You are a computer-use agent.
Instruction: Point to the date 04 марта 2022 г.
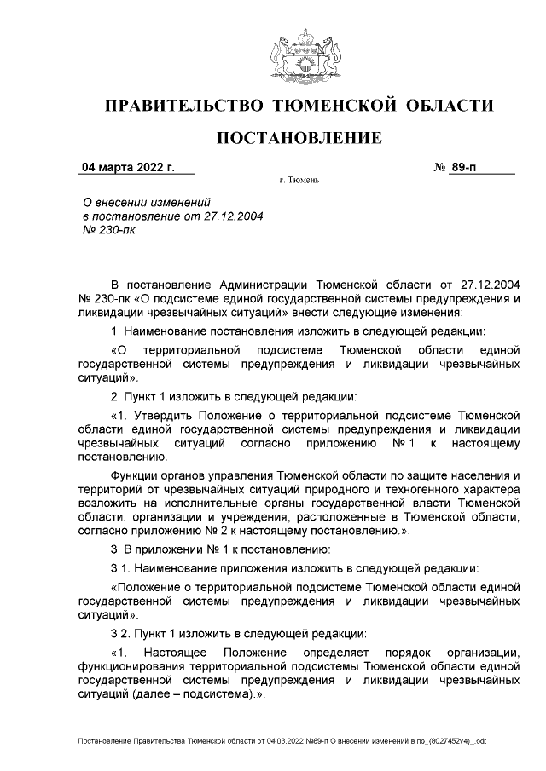tap(127, 168)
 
